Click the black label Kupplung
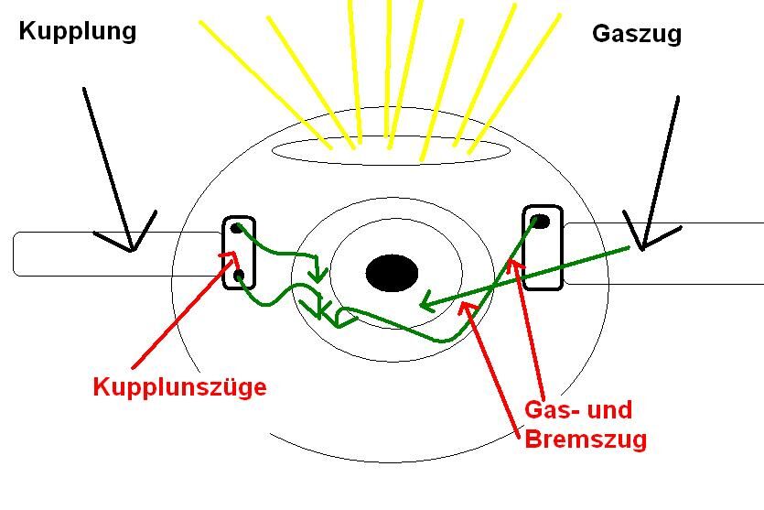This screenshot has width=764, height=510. [78, 31]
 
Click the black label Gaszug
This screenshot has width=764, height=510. [637, 34]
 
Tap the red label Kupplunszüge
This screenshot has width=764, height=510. [179, 387]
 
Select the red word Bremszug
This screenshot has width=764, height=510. [586, 439]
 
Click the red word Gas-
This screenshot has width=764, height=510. [552, 409]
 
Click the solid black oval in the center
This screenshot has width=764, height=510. [392, 273]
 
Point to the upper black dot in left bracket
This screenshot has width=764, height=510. [238, 228]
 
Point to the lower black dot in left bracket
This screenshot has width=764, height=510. [239, 275]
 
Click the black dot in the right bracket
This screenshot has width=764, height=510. [541, 221]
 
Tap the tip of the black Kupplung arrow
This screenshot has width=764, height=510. [133, 250]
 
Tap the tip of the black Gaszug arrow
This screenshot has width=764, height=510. [643, 248]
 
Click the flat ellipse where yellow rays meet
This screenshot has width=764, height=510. [391, 150]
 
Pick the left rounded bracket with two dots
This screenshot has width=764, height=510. [239, 253]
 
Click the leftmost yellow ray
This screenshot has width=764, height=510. [265, 83]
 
